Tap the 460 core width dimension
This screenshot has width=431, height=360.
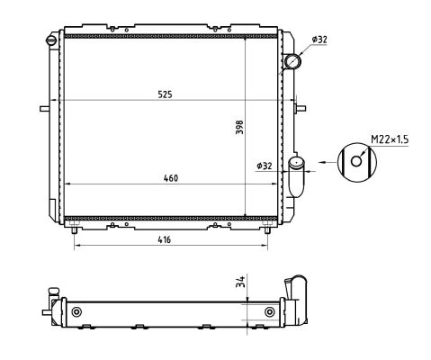(x=171, y=178)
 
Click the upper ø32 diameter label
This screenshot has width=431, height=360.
(x=319, y=40)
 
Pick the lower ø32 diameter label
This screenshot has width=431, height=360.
(x=265, y=166)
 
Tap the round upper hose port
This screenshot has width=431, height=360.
(x=292, y=61)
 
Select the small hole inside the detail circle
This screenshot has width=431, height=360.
(x=358, y=163)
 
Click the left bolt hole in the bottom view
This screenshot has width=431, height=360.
(x=76, y=312)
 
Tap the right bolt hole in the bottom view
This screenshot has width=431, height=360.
(x=270, y=312)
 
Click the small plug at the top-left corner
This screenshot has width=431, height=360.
(x=52, y=40)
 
